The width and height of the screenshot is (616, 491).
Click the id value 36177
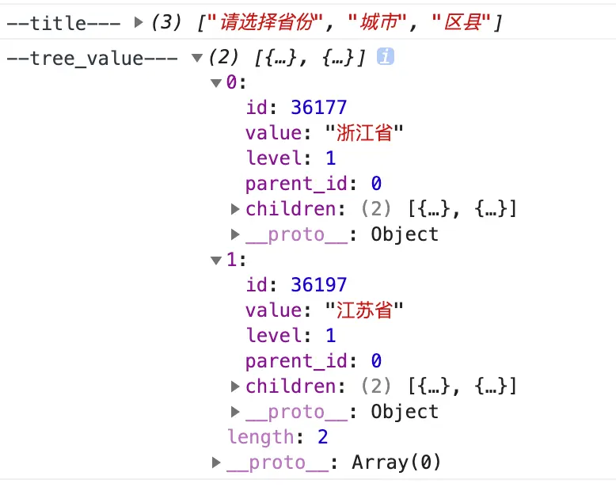point(318,107)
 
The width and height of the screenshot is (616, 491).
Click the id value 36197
point(318,284)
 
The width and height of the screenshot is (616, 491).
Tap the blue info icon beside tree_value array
point(386,57)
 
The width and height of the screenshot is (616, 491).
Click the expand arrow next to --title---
point(139,23)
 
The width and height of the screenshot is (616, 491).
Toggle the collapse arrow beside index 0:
point(216,82)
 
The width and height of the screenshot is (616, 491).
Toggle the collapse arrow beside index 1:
point(216,260)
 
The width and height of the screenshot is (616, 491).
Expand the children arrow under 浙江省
point(235,209)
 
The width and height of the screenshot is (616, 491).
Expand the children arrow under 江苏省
point(235,386)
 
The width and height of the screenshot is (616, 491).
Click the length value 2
point(322,436)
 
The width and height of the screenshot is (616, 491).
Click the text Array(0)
point(396,462)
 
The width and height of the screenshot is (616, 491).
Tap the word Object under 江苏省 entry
point(405,411)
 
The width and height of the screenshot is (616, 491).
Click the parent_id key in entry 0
point(296,184)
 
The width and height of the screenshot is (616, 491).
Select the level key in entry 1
point(273,335)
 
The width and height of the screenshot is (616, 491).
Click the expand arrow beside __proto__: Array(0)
point(217,462)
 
